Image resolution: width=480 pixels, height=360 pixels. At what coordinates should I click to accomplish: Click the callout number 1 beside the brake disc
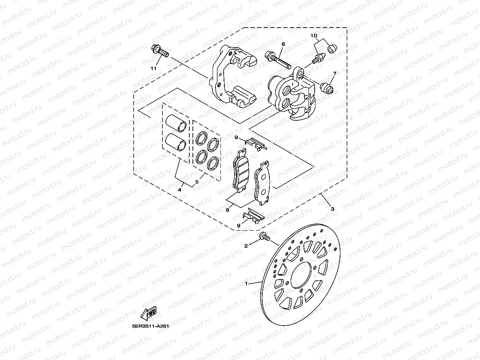(247, 283)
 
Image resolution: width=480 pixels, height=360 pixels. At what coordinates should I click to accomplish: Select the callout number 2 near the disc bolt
(246, 246)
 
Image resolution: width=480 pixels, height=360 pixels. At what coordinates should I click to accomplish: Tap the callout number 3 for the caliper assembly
(332, 209)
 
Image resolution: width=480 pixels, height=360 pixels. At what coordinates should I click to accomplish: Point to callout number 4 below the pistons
(179, 190)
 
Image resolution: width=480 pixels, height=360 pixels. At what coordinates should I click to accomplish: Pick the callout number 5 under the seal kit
(197, 183)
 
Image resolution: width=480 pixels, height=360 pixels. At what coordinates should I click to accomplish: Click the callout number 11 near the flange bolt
(154, 68)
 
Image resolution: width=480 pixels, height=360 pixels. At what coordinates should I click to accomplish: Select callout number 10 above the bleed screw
(314, 36)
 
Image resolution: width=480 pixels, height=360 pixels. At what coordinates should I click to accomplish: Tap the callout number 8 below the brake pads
(228, 210)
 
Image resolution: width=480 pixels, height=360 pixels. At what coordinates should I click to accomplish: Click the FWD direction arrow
(148, 313)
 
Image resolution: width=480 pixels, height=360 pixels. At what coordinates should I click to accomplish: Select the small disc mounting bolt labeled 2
(264, 237)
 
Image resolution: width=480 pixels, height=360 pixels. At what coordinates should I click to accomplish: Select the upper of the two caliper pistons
(176, 123)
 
